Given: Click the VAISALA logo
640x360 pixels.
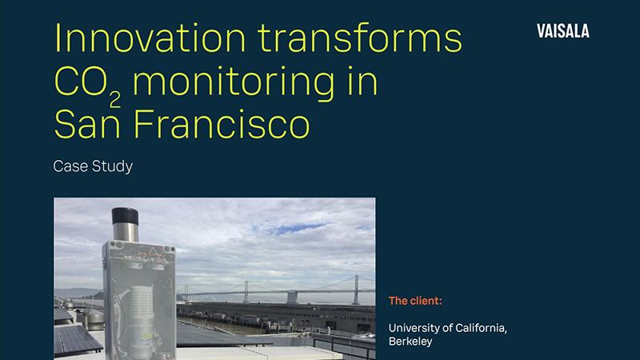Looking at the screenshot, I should point(564,31).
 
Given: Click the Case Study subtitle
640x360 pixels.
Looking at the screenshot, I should point(92,167).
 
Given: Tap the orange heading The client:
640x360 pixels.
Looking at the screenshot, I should point(415,302).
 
